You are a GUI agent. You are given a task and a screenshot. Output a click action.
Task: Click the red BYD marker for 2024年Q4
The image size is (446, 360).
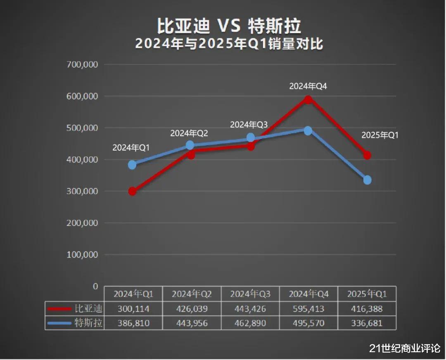point(308,99)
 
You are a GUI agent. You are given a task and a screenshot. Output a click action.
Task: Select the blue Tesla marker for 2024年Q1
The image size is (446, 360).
point(132,165)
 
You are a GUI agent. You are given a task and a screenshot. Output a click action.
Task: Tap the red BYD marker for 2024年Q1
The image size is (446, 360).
point(132,191)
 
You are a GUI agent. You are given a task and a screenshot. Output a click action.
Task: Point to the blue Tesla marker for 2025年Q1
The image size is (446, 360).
point(367,180)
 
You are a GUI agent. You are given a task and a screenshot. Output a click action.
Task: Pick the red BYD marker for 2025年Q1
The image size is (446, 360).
point(367,155)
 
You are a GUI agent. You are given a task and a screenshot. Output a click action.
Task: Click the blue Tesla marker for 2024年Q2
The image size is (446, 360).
point(190,145)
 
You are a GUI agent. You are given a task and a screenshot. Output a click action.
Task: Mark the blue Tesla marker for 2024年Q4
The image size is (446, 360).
point(308,130)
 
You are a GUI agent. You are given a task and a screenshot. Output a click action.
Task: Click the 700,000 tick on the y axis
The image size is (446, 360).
point(83,64)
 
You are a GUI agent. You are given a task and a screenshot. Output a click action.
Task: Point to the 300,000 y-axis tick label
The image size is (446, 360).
point(83,191)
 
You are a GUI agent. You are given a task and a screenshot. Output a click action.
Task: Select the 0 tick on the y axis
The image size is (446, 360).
point(96,286)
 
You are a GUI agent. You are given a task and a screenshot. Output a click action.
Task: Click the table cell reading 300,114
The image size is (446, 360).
point(133,309)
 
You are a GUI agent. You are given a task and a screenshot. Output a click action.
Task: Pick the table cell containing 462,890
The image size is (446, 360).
point(250,322)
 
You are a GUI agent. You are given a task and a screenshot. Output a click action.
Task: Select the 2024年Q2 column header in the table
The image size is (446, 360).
point(192,294)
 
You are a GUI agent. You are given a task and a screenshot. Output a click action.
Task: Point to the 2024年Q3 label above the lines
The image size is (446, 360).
point(249,124)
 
